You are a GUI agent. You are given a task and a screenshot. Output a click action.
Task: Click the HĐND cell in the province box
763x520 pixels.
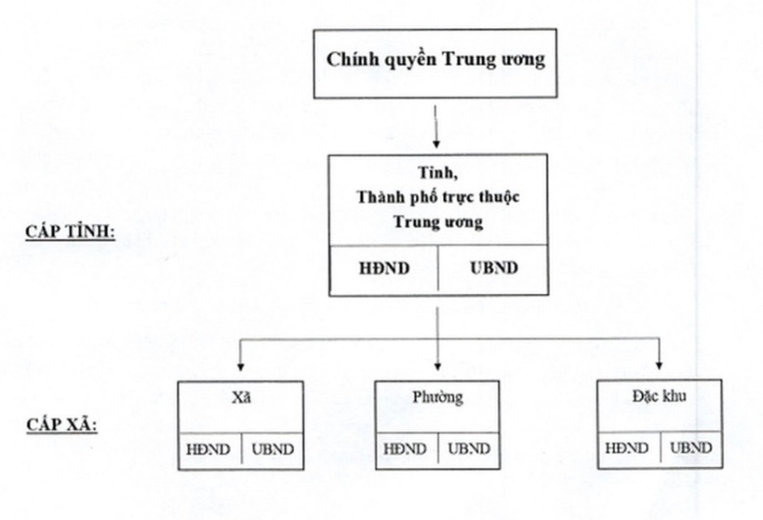click(384, 270)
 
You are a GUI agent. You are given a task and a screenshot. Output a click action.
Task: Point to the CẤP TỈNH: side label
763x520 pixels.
click(70, 230)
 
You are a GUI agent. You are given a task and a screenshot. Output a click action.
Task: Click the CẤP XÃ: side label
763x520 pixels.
click(63, 427)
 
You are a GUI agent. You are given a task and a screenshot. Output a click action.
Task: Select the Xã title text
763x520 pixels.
click(241, 397)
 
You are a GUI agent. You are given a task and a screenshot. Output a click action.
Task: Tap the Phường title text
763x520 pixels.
click(437, 398)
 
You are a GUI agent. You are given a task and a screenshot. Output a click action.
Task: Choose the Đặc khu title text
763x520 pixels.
click(659, 397)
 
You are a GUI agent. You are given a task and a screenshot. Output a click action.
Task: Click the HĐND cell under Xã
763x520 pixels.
click(209, 449)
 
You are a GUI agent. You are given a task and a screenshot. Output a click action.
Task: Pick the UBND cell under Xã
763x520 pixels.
click(273, 449)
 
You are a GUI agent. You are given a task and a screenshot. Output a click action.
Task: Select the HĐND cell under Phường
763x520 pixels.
click(406, 449)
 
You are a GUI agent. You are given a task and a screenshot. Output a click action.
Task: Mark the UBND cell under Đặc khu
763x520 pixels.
click(691, 448)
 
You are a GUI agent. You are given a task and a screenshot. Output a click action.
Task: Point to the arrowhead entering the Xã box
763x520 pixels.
click(241, 367)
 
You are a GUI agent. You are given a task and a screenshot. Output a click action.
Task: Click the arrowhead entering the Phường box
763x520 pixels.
click(437, 367)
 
